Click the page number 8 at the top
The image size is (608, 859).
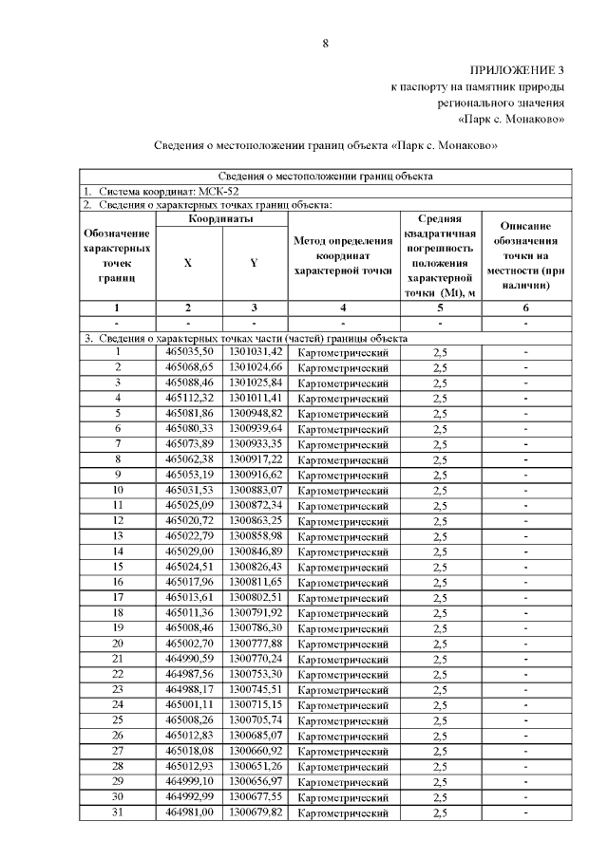pos(325,43)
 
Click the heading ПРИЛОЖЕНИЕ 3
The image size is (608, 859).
pos(518,71)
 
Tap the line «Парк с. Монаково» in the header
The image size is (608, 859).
pos(512,120)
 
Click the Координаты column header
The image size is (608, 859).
pos(220,219)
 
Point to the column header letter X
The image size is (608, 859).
pos(188,263)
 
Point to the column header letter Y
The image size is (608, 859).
pos(254,263)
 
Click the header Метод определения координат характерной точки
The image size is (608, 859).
pos(343,255)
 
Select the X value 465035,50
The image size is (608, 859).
pos(188,352)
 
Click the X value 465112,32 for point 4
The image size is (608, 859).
pos(188,398)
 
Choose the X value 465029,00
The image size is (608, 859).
pos(188,551)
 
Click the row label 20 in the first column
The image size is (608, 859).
pos(119,644)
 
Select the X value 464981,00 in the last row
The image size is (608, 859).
pos(188,812)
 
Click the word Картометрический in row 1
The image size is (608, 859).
pos(343,353)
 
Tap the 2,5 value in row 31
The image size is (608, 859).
pos(440,813)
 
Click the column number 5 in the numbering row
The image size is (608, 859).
pos(440,307)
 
